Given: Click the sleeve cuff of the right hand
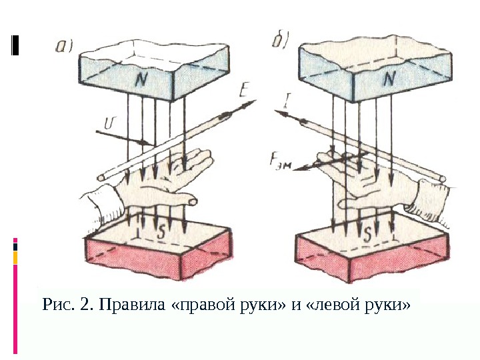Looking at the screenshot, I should point(431,201).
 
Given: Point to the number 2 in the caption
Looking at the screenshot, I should point(84,306).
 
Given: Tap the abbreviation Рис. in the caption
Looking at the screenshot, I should point(58,306).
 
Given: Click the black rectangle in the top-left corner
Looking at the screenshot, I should point(15,45).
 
